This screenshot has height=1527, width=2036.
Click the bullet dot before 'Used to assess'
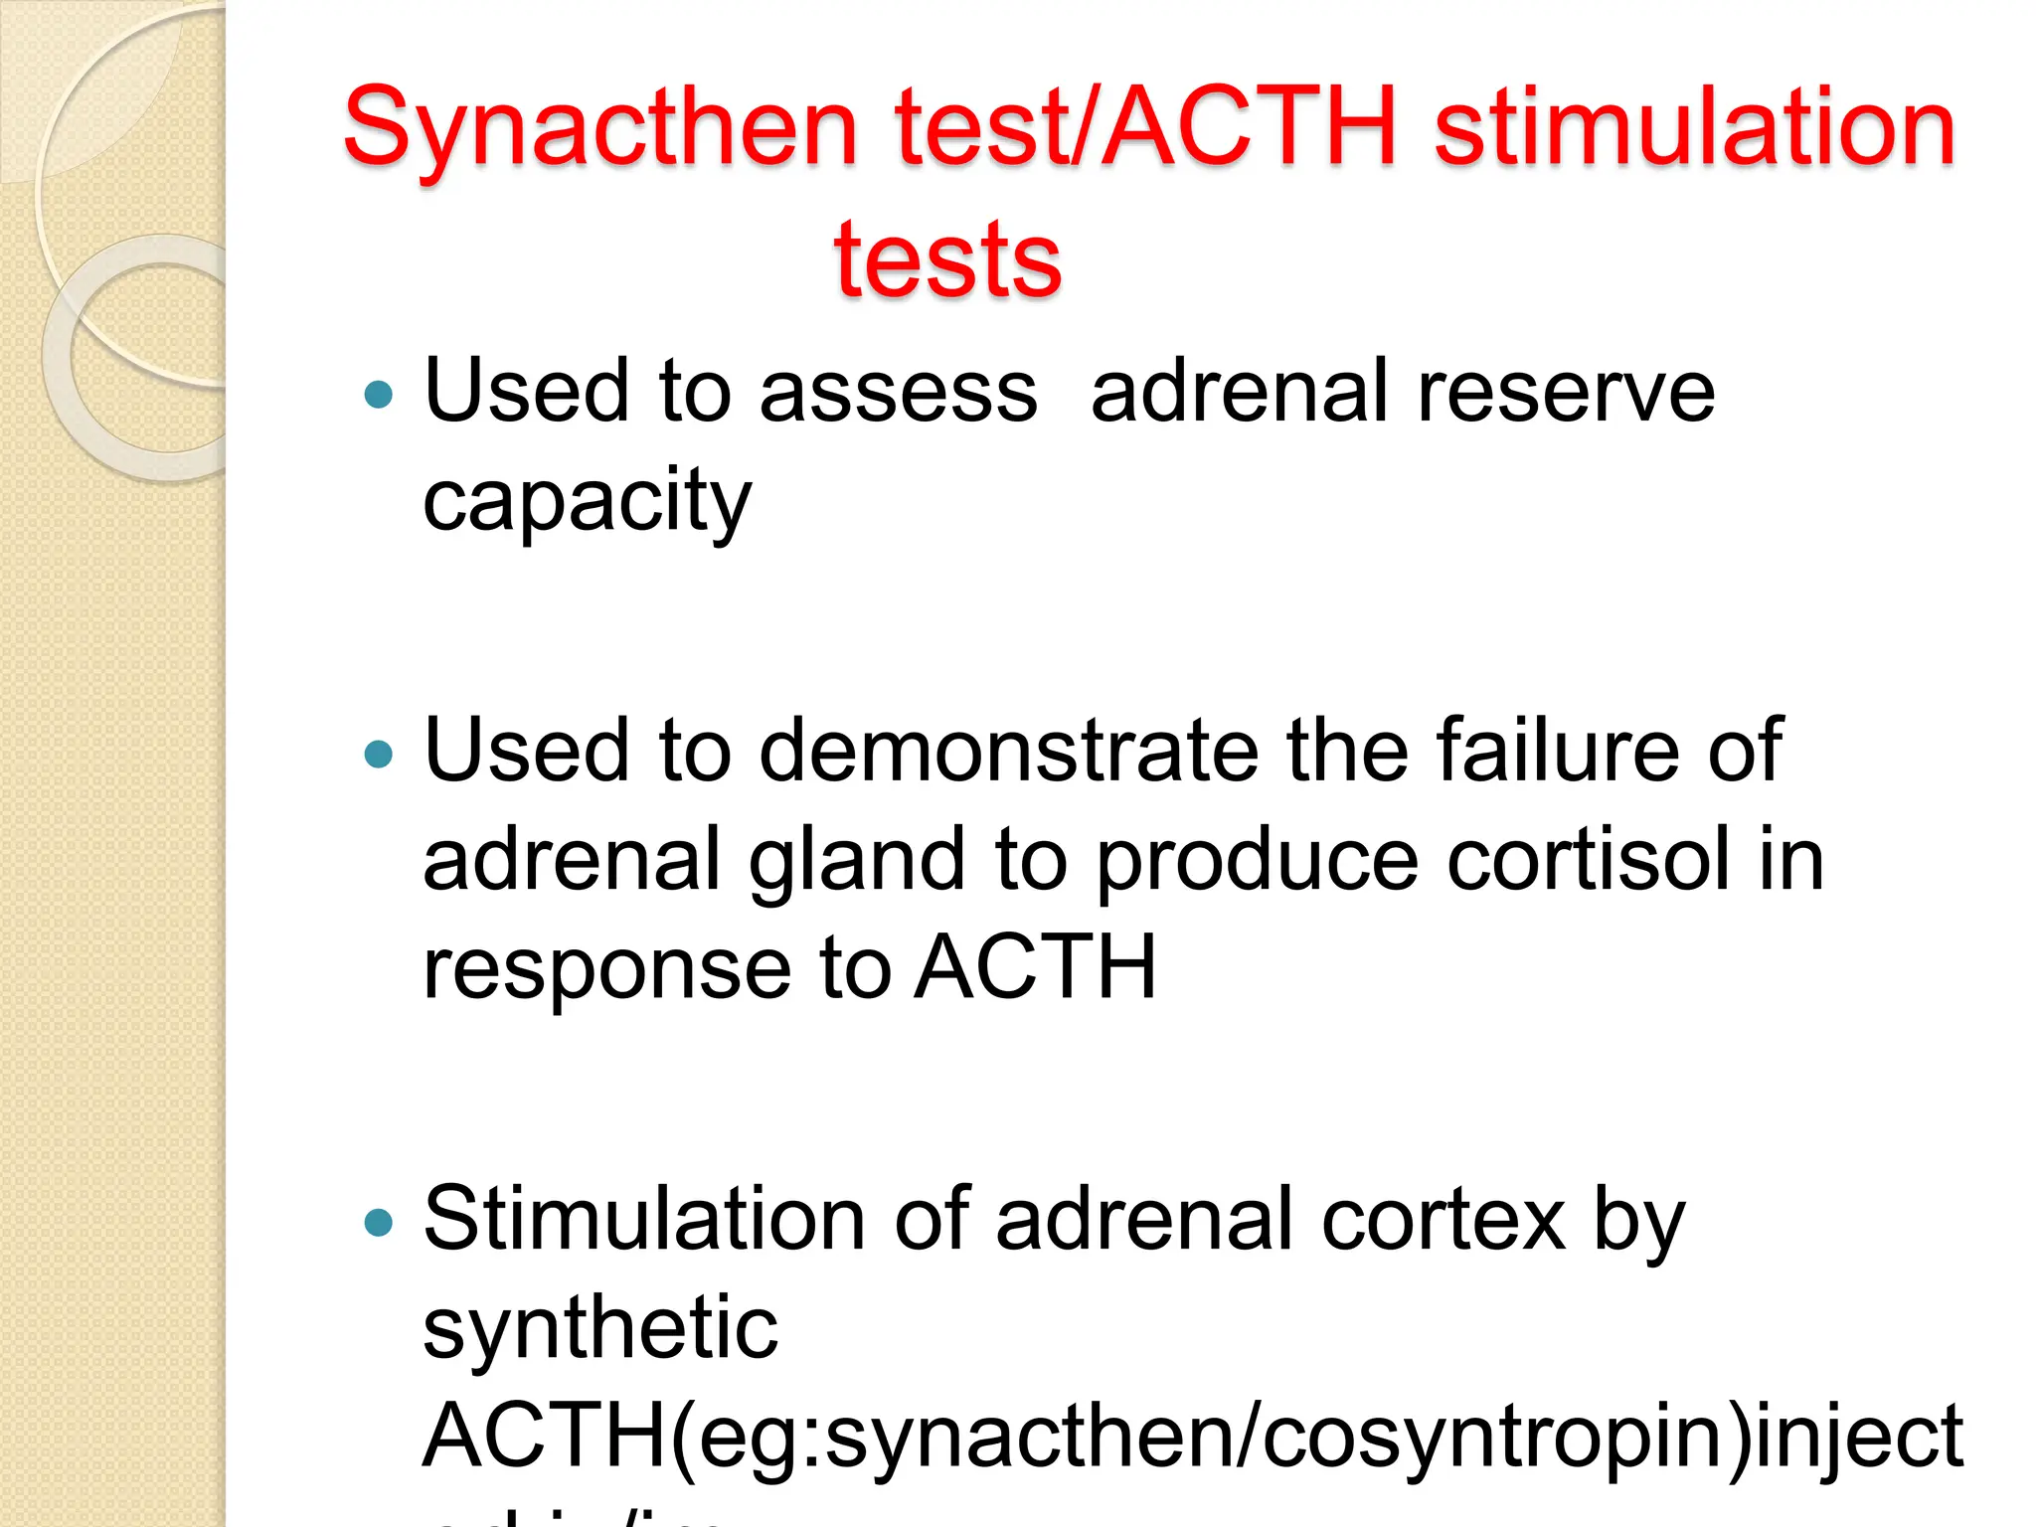click(379, 396)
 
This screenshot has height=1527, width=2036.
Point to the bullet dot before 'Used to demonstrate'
click(379, 755)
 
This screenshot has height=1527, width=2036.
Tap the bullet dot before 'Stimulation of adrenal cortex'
click(379, 1222)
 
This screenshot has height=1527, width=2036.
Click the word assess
click(899, 392)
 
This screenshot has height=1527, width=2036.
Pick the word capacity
click(587, 501)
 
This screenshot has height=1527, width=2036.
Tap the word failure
click(1558, 751)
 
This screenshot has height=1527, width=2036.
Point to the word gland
click(856, 860)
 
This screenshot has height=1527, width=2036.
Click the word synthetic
click(600, 1328)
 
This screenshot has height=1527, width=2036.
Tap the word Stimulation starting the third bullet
click(644, 1220)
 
